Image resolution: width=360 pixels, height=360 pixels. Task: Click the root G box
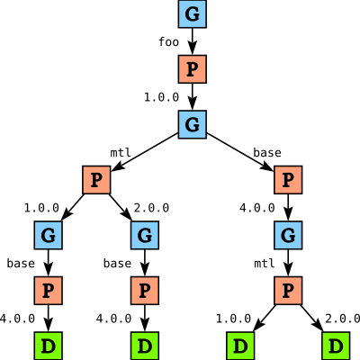(x=193, y=13)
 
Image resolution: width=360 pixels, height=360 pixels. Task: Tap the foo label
(x=168, y=41)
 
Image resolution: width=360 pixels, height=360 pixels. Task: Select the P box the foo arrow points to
(x=193, y=69)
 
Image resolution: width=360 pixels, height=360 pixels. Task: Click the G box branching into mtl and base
(x=193, y=124)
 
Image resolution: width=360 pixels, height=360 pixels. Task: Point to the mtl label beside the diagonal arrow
(x=121, y=153)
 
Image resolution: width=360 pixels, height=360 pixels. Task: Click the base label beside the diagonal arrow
(x=267, y=153)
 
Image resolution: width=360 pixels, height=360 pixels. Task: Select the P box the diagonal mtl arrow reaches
(x=96, y=180)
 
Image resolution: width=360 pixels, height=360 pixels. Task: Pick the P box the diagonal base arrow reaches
(x=288, y=180)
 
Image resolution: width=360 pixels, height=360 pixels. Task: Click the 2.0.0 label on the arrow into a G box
(x=151, y=208)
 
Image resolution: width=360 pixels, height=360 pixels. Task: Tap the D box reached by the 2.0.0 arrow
(x=336, y=346)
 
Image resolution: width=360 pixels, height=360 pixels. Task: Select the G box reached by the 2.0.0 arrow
(x=145, y=235)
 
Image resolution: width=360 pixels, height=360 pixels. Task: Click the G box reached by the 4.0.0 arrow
(x=288, y=235)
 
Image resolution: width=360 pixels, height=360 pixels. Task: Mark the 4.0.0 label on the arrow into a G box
(x=257, y=208)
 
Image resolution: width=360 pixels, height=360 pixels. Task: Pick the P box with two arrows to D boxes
(x=288, y=291)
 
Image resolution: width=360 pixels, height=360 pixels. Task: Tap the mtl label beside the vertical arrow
(x=265, y=264)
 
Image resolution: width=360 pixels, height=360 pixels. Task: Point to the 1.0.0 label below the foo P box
(x=161, y=97)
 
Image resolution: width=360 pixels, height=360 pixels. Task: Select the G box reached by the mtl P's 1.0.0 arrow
(x=49, y=235)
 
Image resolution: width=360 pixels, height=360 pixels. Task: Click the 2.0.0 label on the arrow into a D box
(x=343, y=319)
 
